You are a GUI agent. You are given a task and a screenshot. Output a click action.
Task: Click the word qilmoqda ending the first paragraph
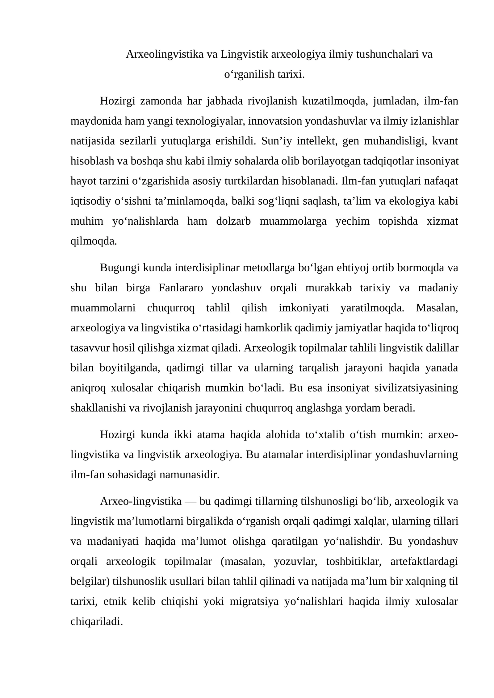click(x=94, y=241)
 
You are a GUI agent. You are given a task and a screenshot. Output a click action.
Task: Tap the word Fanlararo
click(x=181, y=288)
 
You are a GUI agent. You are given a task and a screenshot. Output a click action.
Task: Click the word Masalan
click(x=437, y=308)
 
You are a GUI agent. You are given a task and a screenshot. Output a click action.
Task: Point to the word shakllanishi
click(x=98, y=408)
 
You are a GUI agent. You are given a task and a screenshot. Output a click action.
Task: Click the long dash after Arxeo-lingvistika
click(x=190, y=501)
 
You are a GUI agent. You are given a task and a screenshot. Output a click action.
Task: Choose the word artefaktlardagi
click(x=424, y=561)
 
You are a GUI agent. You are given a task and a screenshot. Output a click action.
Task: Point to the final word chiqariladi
click(x=97, y=621)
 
